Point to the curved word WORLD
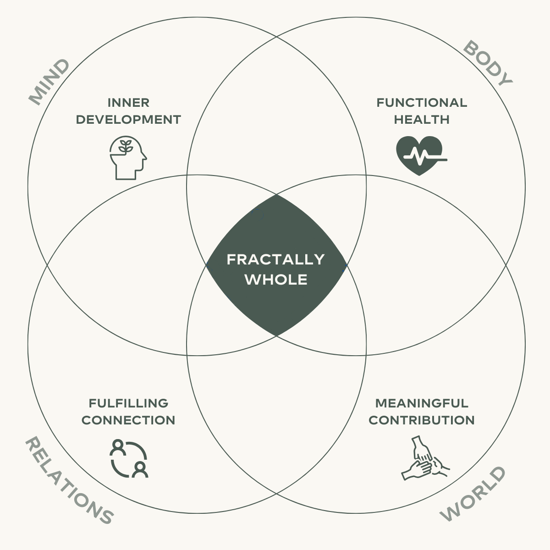tap(473, 494)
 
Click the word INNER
tap(128, 102)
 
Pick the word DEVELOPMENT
tap(128, 120)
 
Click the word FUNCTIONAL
tap(422, 102)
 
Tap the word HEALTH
tap(422, 120)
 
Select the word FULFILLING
tap(128, 403)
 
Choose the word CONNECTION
tap(128, 420)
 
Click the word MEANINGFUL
tap(422, 403)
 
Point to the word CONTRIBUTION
tap(422, 420)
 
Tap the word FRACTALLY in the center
tap(275, 259)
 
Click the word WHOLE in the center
tap(276, 280)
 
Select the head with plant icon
tap(128, 157)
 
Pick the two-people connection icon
tap(129, 458)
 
